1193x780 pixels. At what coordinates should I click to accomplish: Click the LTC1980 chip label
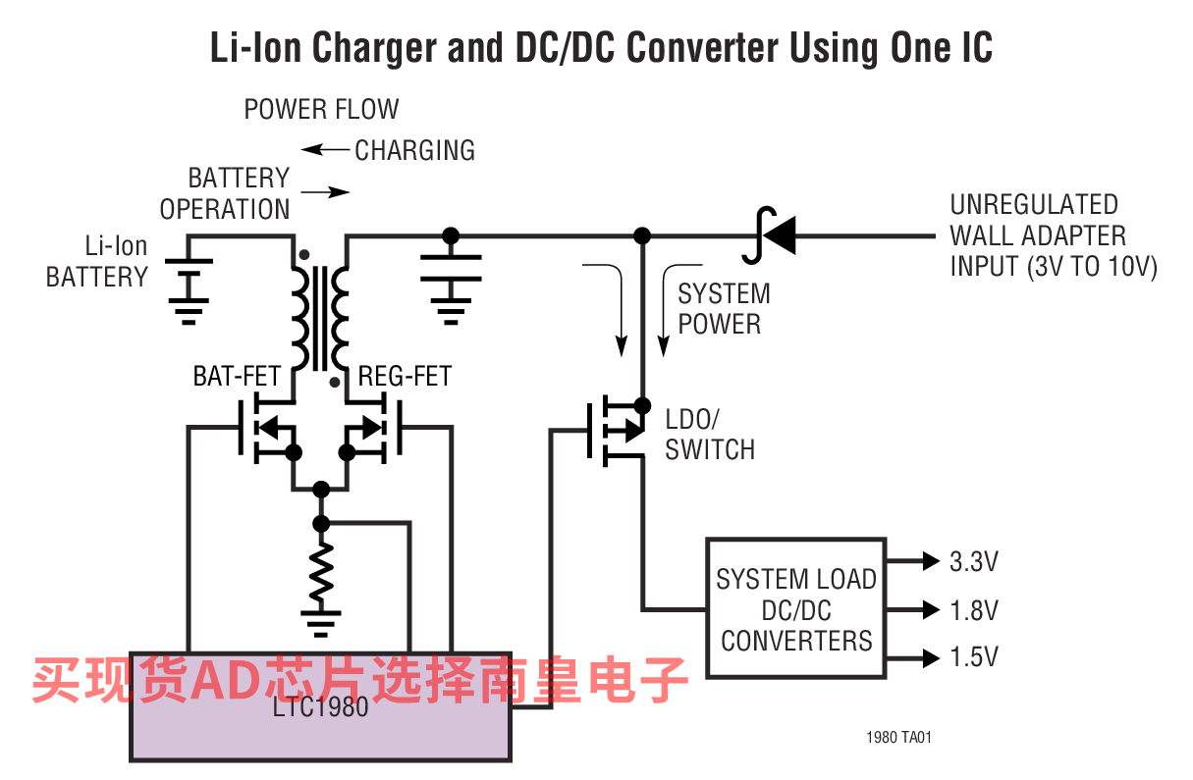point(320,707)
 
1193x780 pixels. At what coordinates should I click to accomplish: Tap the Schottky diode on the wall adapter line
point(770,235)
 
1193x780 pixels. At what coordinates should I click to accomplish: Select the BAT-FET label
point(237,376)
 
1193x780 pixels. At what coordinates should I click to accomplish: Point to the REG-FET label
point(405,376)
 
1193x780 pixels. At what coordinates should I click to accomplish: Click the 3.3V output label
point(974,562)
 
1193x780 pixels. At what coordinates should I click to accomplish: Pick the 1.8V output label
point(974,610)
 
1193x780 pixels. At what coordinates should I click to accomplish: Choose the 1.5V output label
point(974,657)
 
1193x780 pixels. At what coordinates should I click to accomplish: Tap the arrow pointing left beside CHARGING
point(325,149)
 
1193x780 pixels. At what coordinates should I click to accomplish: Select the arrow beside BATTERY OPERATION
point(325,192)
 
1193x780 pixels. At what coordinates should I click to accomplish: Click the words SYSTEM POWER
point(724,309)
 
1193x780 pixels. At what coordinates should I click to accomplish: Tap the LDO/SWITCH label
point(709,435)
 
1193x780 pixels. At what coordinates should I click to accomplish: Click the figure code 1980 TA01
point(898,738)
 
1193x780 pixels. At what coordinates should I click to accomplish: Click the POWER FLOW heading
point(321,109)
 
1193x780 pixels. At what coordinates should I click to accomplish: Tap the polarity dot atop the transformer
point(304,255)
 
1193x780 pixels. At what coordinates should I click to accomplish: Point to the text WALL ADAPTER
point(1038,235)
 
